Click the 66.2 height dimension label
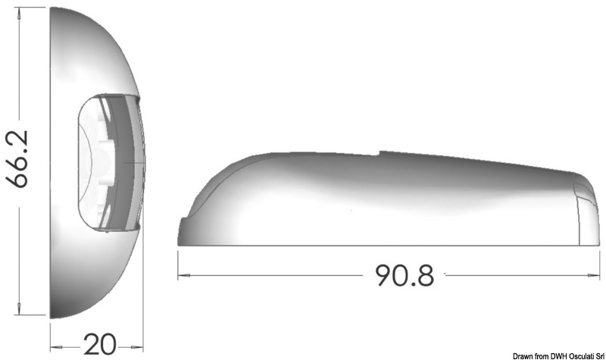[x=17, y=159]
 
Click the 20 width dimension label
[x=100, y=344]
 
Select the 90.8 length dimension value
[x=405, y=275]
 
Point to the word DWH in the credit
[x=557, y=355]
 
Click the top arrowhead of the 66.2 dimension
[x=19, y=11]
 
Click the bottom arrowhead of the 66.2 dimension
[x=19, y=309]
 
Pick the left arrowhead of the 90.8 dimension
[x=183, y=275]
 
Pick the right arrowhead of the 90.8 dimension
[x=594, y=275]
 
